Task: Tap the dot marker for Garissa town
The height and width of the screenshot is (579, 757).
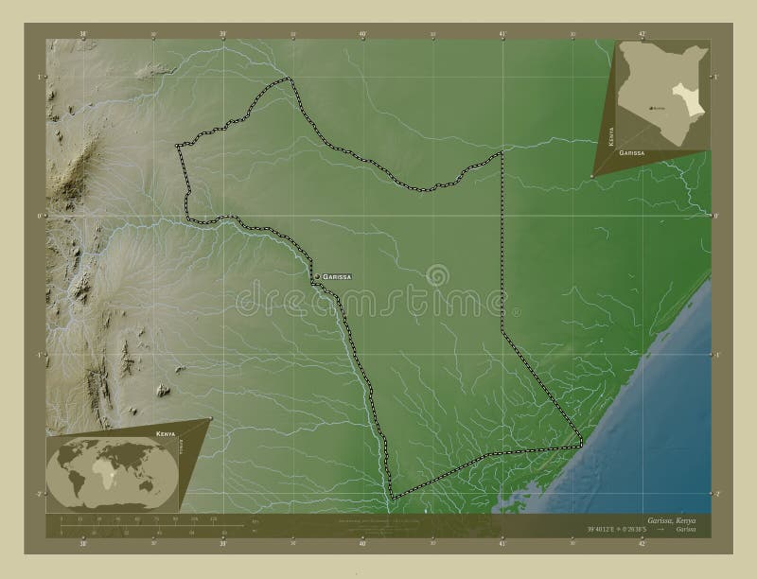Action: point(318,276)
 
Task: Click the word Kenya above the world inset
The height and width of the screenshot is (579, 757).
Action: point(151,432)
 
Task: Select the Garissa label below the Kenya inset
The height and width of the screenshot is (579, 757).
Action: point(631,151)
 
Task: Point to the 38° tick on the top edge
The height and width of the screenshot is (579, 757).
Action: point(83,35)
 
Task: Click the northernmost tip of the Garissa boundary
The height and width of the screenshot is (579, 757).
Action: point(287,78)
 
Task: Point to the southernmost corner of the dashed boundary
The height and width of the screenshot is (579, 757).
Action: point(391,499)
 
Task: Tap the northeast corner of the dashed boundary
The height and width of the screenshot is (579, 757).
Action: point(502,149)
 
